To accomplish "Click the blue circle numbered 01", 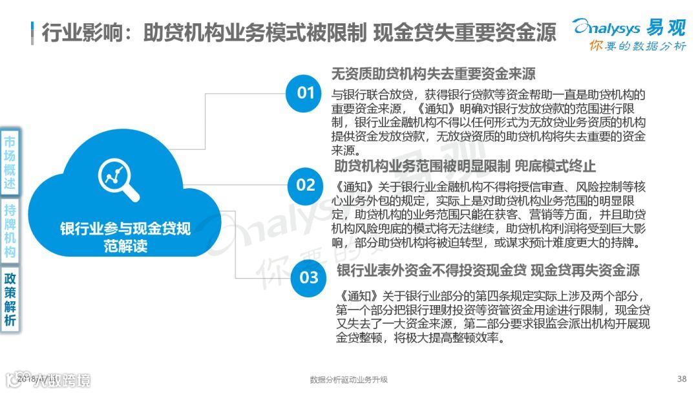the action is (x=305, y=93).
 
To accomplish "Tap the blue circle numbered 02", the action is (x=305, y=185).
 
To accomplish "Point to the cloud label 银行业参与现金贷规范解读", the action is (x=125, y=237).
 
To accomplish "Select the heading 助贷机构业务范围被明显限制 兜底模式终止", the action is (x=465, y=166).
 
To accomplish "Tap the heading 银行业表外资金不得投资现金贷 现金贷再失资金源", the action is (x=488, y=270).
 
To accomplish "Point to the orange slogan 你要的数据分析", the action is (x=637, y=46).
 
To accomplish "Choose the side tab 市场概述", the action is (x=10, y=161).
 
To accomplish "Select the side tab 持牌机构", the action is (x=10, y=231).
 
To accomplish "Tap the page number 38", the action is (x=681, y=379).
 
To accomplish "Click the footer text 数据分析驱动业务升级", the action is (x=348, y=379).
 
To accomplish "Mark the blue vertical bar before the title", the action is (x=32, y=32).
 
